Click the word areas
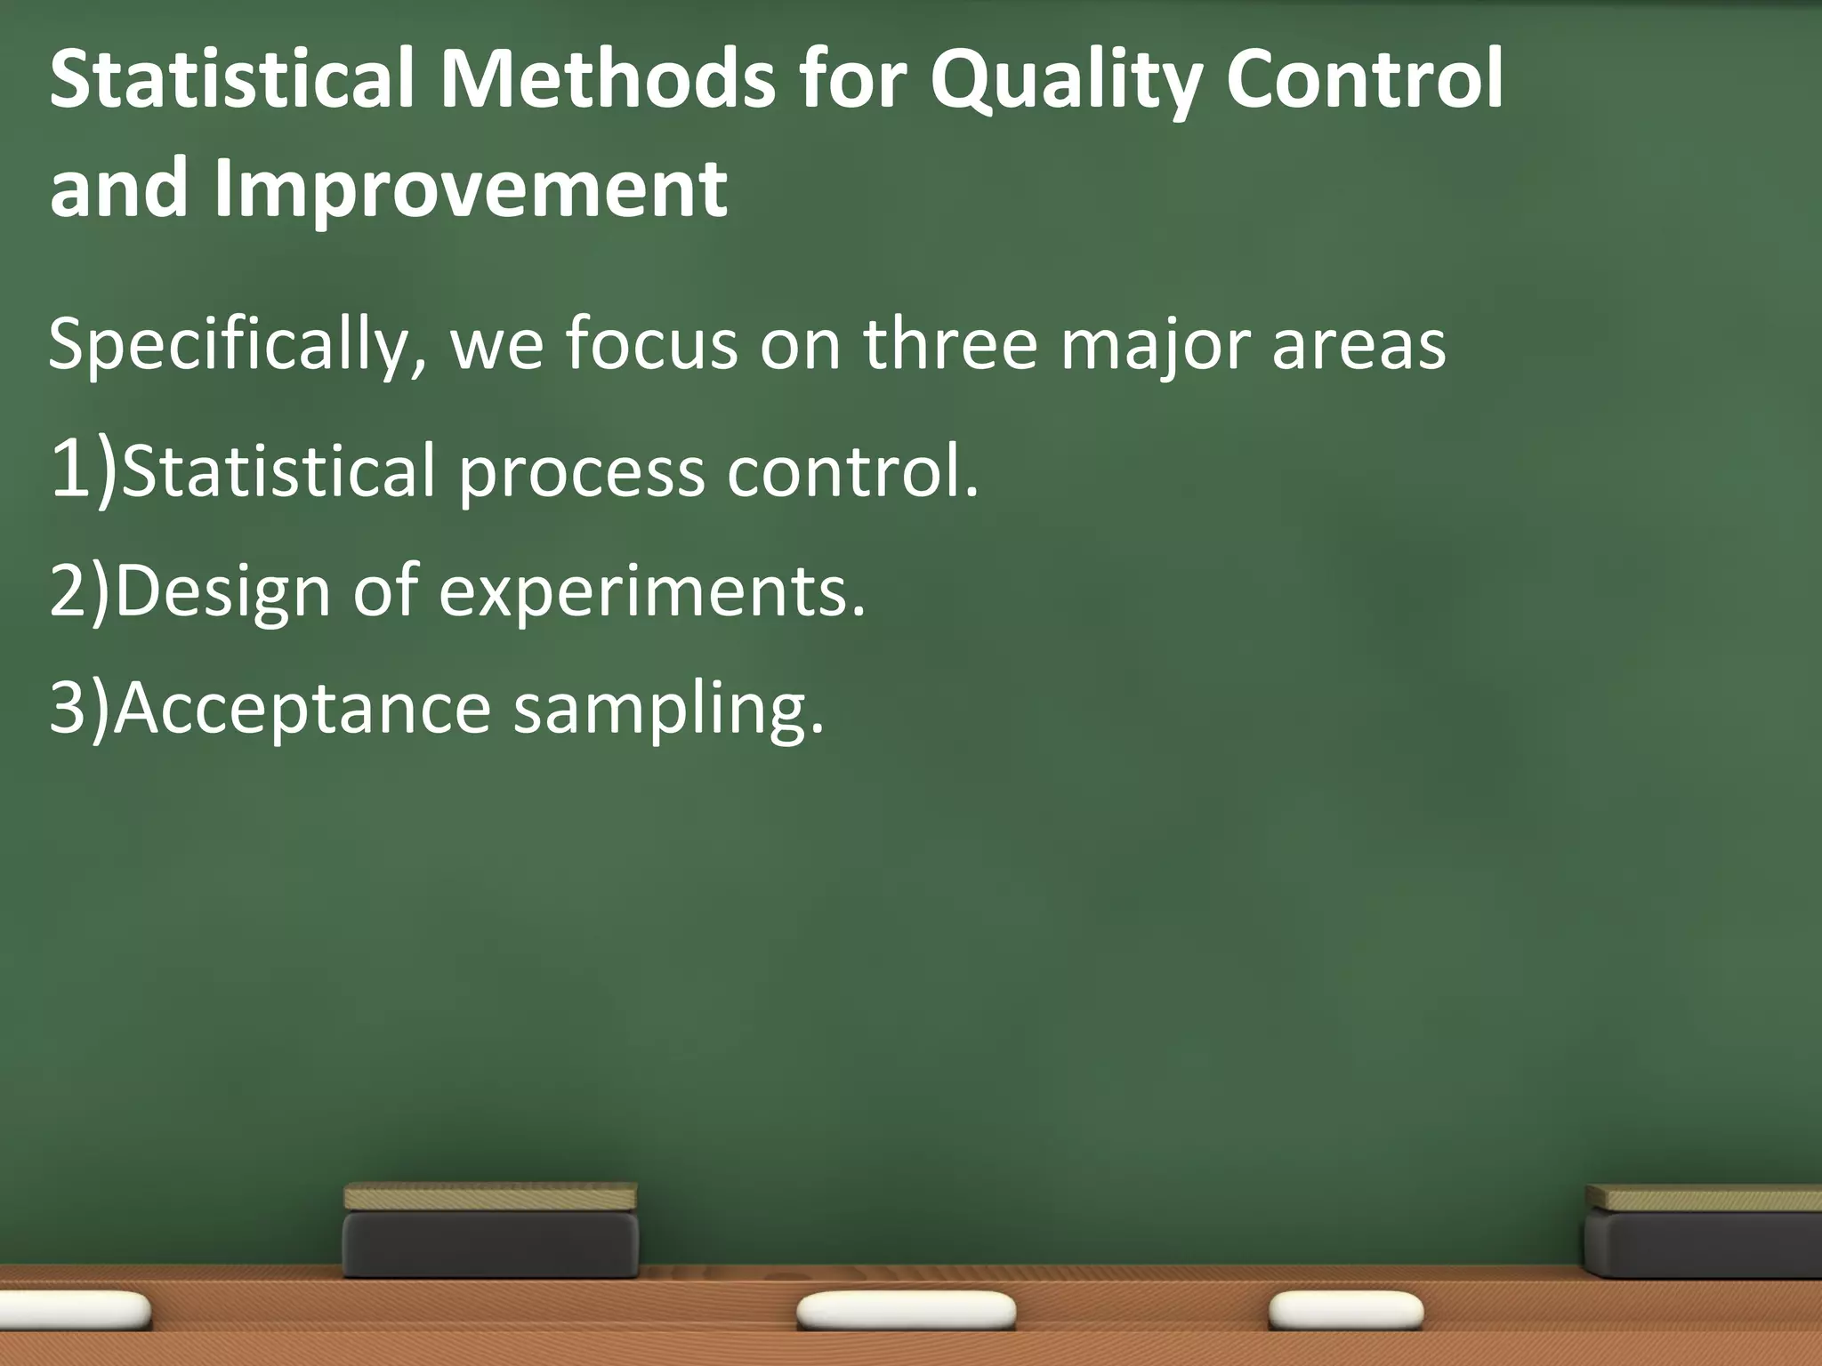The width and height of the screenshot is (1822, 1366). coord(1358,345)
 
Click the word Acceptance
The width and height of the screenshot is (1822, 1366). coord(302,711)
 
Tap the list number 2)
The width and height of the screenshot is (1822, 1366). coord(79,591)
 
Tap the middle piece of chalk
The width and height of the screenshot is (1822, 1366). coord(906,1311)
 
